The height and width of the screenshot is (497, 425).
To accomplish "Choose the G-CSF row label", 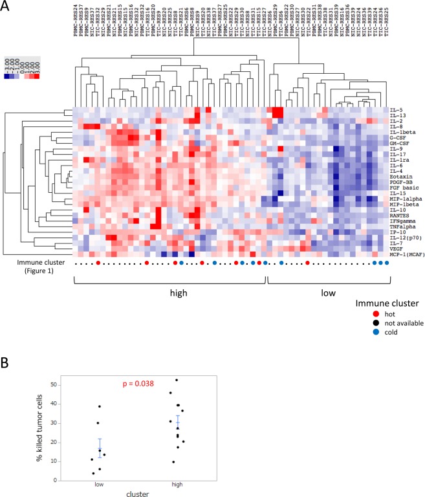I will point(398,137).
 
